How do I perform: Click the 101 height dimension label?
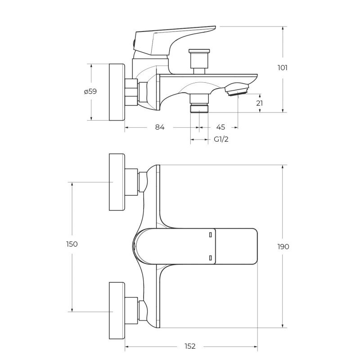click(x=283, y=68)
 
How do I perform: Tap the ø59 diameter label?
click(x=90, y=91)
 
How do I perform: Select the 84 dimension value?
click(x=160, y=127)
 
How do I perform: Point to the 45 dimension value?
click(x=220, y=127)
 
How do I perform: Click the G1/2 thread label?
click(x=221, y=139)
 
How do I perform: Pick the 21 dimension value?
click(x=260, y=103)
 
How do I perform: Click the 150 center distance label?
click(x=72, y=244)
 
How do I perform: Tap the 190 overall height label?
click(x=283, y=247)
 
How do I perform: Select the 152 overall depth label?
click(x=190, y=346)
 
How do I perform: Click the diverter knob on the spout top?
click(x=199, y=61)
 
